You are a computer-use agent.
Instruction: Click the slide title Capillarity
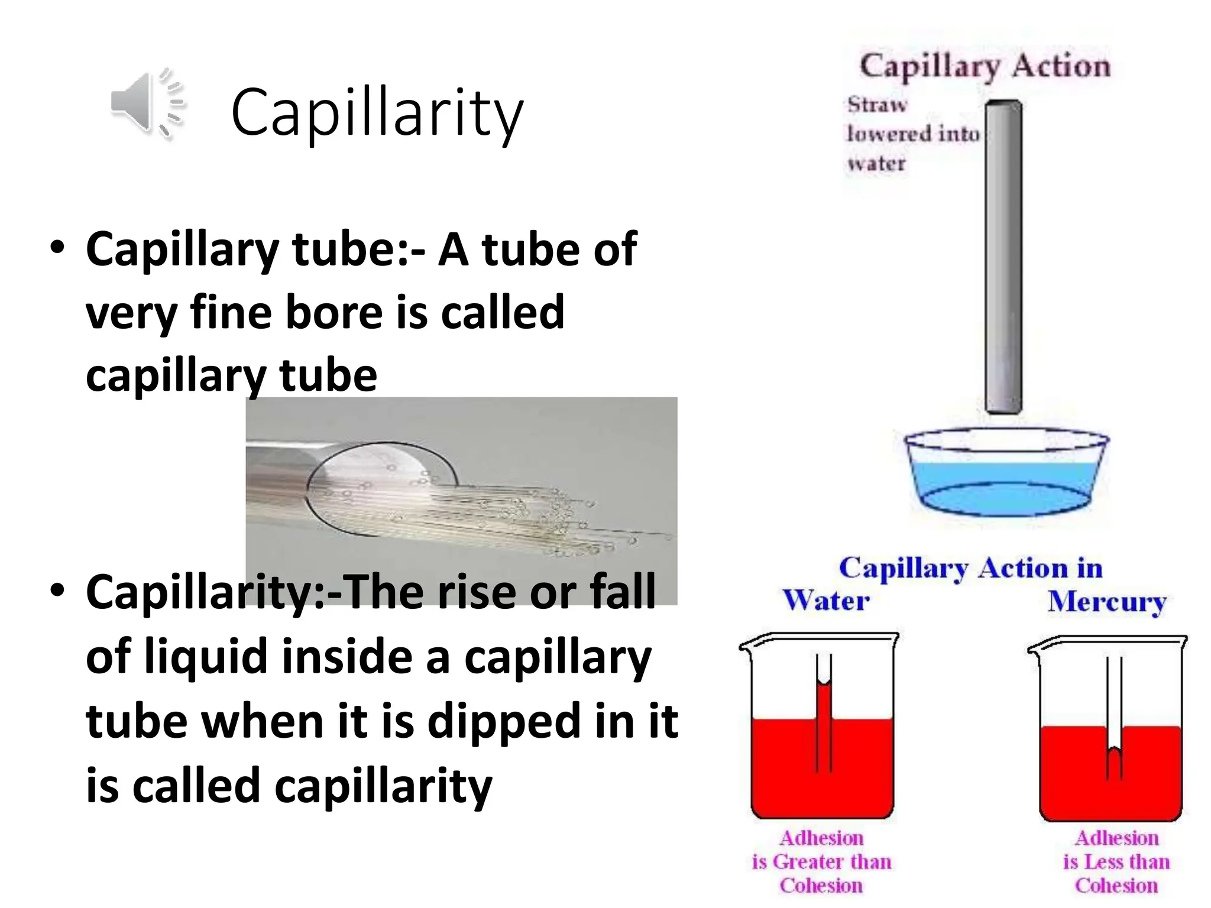[377, 112]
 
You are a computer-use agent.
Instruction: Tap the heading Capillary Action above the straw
[985, 66]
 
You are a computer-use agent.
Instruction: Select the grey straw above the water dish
[1003, 257]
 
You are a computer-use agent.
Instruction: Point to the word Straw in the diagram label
[877, 105]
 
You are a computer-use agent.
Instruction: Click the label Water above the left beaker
[826, 601]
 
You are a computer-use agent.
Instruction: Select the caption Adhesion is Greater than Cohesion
[821, 861]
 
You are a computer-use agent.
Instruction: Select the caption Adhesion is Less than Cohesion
[1116, 861]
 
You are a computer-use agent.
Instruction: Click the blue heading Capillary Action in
[970, 569]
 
